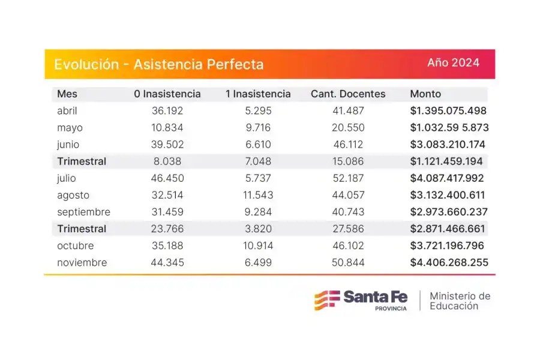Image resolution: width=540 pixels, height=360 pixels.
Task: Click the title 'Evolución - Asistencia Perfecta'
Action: (158, 64)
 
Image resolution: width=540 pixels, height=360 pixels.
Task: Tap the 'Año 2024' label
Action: (453, 62)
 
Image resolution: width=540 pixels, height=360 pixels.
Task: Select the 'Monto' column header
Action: (425, 94)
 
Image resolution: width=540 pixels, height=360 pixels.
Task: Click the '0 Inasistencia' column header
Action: (167, 94)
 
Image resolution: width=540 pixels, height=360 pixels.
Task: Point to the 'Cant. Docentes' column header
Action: (348, 94)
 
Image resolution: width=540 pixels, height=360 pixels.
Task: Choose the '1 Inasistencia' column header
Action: (258, 94)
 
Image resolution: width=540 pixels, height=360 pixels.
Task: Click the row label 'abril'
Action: (67, 111)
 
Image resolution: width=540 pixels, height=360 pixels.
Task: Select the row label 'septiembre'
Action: (84, 212)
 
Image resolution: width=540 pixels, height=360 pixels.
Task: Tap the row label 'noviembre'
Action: (82, 263)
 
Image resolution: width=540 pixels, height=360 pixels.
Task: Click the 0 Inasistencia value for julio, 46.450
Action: (167, 178)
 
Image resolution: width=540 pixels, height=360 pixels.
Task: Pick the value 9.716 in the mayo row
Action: (258, 128)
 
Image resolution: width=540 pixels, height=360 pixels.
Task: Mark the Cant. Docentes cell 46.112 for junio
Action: (348, 145)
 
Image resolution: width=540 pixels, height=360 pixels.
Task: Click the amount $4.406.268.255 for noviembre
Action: (449, 263)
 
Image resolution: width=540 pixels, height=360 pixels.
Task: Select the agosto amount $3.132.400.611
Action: (449, 195)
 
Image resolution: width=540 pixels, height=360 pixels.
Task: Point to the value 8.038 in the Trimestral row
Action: (167, 161)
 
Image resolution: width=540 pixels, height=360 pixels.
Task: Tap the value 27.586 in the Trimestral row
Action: (348, 229)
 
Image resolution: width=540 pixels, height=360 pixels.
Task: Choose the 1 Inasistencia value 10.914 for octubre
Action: (258, 245)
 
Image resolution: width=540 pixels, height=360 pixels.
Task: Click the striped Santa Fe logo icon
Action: (326, 299)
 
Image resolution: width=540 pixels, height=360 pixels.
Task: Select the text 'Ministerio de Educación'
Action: (460, 301)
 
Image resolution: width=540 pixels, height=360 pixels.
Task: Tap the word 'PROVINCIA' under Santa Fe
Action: (390, 308)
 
